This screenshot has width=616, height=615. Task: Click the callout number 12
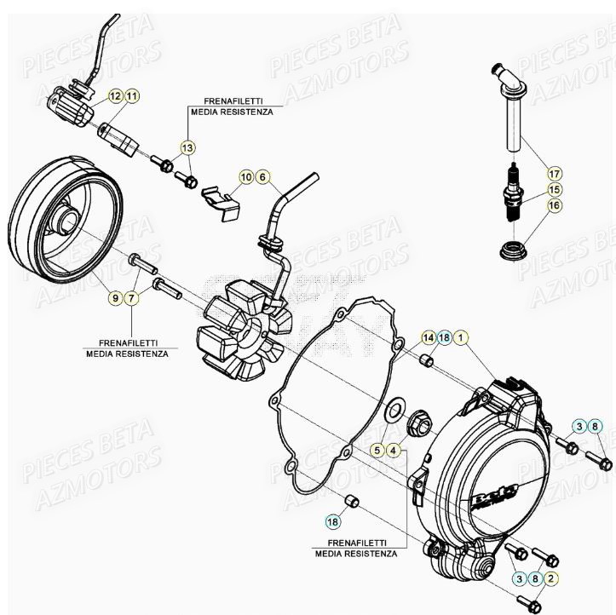pos(114,97)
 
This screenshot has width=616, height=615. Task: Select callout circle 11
pos(131,97)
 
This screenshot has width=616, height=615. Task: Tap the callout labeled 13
pos(187,147)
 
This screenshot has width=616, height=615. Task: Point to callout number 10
pos(246,177)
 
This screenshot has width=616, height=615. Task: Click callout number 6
pos(263,177)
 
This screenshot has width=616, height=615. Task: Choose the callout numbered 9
pos(114,297)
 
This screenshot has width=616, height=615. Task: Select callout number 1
pos(461,338)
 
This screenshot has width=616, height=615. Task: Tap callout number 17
pos(555,170)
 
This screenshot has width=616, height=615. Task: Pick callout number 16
pos(555,205)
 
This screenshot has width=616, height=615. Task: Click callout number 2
pos(552,578)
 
